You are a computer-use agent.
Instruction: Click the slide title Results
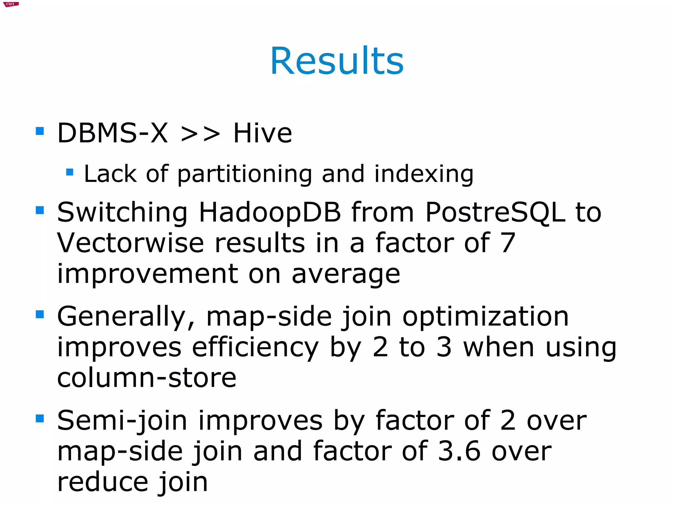point(337,61)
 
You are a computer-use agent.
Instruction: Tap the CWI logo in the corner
point(11,4)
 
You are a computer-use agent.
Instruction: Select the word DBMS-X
point(113,133)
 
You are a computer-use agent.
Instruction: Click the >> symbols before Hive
point(200,134)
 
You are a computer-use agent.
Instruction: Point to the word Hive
point(262,133)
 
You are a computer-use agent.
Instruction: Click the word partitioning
point(245,174)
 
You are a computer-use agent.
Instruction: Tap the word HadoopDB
point(270,213)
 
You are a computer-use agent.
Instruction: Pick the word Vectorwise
point(131,243)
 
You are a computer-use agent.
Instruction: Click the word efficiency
point(255,347)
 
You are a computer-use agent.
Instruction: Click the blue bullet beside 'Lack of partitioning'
point(69,172)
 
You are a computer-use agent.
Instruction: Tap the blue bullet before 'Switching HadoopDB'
point(40,210)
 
